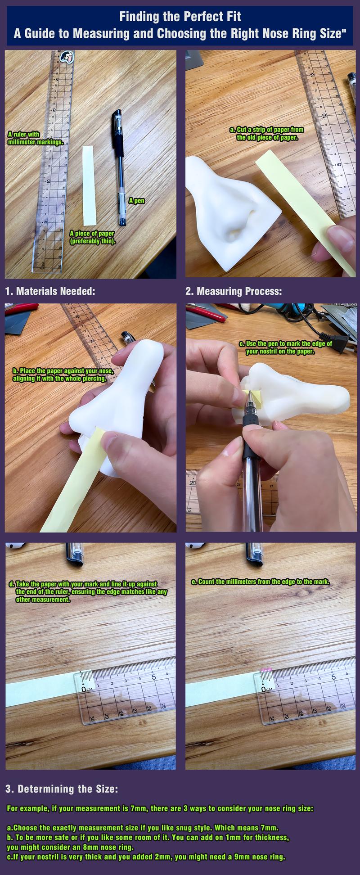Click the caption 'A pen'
136,201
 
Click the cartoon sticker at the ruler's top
67,57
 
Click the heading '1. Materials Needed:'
50,291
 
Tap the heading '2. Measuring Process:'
234,291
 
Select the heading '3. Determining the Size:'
62,789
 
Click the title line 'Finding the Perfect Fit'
180,17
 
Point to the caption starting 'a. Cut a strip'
267,134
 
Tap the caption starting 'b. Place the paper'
66,374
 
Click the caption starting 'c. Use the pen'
285,347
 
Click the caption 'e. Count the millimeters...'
260,582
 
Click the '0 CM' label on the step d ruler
87,689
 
